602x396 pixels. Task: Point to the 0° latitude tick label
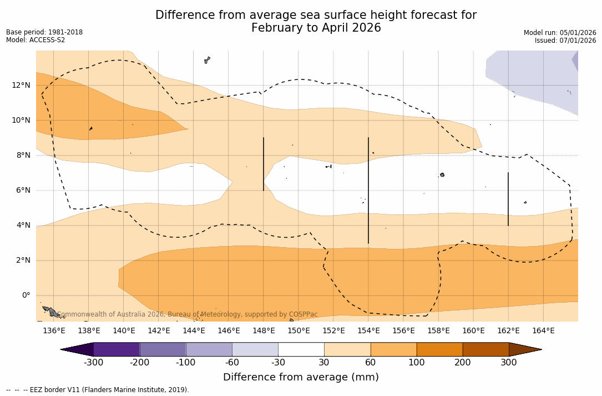pyautogui.click(x=26, y=295)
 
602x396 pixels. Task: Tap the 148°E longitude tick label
pyautogui.click(x=264, y=331)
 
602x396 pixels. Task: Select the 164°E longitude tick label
pyautogui.click(x=543, y=331)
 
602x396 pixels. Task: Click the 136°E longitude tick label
pyautogui.click(x=54, y=331)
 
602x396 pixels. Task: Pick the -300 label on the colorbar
pyautogui.click(x=93, y=363)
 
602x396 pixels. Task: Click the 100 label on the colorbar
pyautogui.click(x=417, y=363)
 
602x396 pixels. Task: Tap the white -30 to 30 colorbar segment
pyautogui.click(x=301, y=349)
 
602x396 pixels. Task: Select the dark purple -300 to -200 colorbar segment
pyautogui.click(x=117, y=349)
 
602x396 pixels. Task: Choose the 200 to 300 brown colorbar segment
pyautogui.click(x=485, y=349)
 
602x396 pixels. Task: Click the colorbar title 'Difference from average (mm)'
pyautogui.click(x=301, y=378)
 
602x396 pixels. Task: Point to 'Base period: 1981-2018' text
pyautogui.click(x=44, y=32)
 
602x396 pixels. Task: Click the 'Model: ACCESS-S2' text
pyautogui.click(x=36, y=40)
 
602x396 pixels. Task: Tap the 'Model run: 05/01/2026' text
pyautogui.click(x=560, y=33)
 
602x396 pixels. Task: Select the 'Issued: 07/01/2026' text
pyautogui.click(x=565, y=41)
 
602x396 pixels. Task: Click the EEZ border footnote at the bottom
pyautogui.click(x=98, y=390)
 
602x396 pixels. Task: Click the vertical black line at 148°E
pyautogui.click(x=264, y=164)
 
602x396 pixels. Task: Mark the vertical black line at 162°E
pyautogui.click(x=508, y=199)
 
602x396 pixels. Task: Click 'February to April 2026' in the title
pyautogui.click(x=316, y=28)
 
